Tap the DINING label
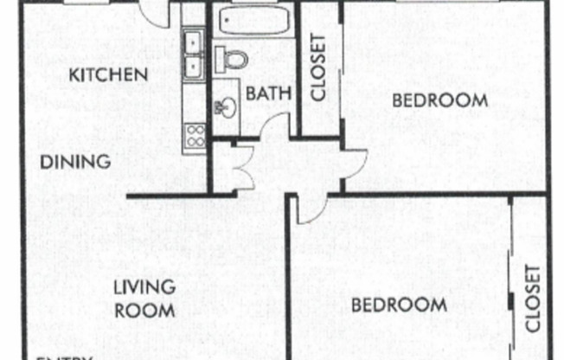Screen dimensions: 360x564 click(77, 161)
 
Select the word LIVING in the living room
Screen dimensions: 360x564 click(145, 286)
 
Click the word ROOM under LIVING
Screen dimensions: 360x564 click(145, 309)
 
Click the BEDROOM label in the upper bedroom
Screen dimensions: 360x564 click(439, 100)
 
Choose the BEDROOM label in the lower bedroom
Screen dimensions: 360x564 click(398, 305)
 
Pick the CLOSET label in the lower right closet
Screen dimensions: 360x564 click(531, 299)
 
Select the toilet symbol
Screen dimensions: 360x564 click(233, 58)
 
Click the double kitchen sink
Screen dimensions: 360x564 click(193, 53)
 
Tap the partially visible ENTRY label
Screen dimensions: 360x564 click(64, 357)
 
